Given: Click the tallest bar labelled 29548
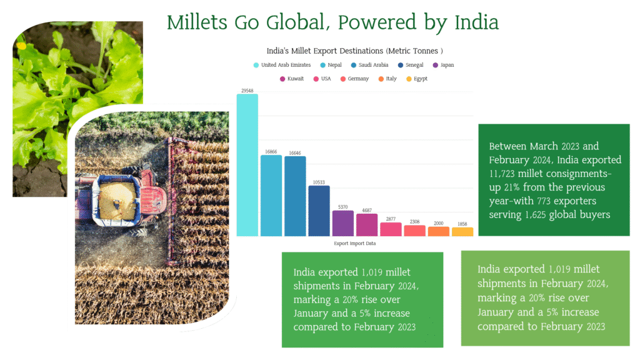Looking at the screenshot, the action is coord(247,165).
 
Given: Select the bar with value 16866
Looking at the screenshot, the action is coord(271,196).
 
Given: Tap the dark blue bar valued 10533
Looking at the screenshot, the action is coord(319,211).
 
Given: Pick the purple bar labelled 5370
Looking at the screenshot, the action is coord(343,223).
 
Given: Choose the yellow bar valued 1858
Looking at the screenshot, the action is coord(462,232).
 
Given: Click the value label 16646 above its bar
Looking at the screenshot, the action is coord(295,153).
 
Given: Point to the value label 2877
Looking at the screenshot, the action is coord(391,219).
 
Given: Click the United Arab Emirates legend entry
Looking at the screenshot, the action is coord(282,65).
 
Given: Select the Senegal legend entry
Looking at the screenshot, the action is coord(411,65).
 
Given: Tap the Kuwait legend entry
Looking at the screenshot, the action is coord(292,79).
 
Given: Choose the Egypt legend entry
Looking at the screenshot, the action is coord(417,79).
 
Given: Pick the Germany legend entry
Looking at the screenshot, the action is coord(355,79).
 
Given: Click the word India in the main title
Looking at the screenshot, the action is coord(476,22).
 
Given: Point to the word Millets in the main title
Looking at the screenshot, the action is coord(197,22).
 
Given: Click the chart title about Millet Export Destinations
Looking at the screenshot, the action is coord(355,51).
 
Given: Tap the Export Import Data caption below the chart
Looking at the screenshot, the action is coord(355,243).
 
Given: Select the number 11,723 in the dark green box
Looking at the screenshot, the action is coord(502,174).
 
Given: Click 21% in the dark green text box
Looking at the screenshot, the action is coord(512,187).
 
